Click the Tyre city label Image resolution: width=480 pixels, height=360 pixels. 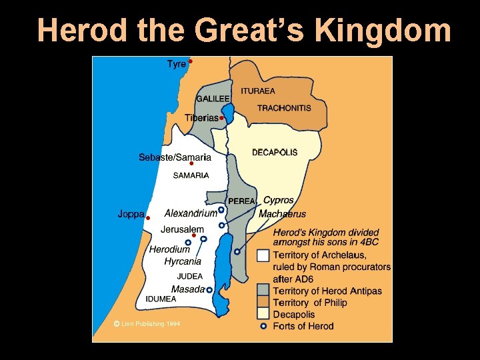pyautogui.click(x=176, y=64)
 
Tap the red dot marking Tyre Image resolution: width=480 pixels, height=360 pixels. pyautogui.click(x=190, y=61)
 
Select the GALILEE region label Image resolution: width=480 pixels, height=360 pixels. pyautogui.click(x=213, y=99)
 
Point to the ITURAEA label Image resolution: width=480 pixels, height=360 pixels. pyautogui.click(x=257, y=91)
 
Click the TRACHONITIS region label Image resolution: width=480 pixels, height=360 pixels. pyautogui.click(x=284, y=108)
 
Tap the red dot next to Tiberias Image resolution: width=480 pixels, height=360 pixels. pyautogui.click(x=221, y=118)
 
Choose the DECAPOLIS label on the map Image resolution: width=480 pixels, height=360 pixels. pyautogui.click(x=275, y=153)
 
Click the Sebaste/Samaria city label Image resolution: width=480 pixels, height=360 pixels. pyautogui.click(x=175, y=157)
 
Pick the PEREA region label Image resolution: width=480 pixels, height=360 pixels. pyautogui.click(x=241, y=201)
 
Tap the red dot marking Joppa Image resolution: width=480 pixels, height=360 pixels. pyautogui.click(x=148, y=218)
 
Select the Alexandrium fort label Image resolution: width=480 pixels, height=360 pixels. pyautogui.click(x=191, y=213)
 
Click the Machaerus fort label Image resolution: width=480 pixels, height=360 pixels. pyautogui.click(x=282, y=214)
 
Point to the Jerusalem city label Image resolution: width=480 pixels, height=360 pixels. pyautogui.click(x=182, y=229)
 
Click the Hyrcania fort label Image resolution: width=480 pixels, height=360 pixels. pyautogui.click(x=183, y=261)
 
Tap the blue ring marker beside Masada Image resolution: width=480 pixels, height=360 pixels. pyautogui.click(x=209, y=290)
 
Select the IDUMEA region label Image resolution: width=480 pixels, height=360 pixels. pyautogui.click(x=161, y=299)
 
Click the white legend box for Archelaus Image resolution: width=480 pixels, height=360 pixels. pyautogui.click(x=263, y=255)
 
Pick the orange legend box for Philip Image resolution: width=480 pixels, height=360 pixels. pyautogui.click(x=263, y=302)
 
